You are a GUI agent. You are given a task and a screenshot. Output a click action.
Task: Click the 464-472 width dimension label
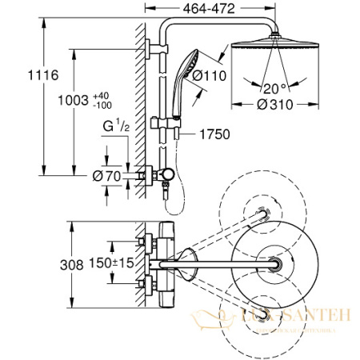(193, 11)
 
